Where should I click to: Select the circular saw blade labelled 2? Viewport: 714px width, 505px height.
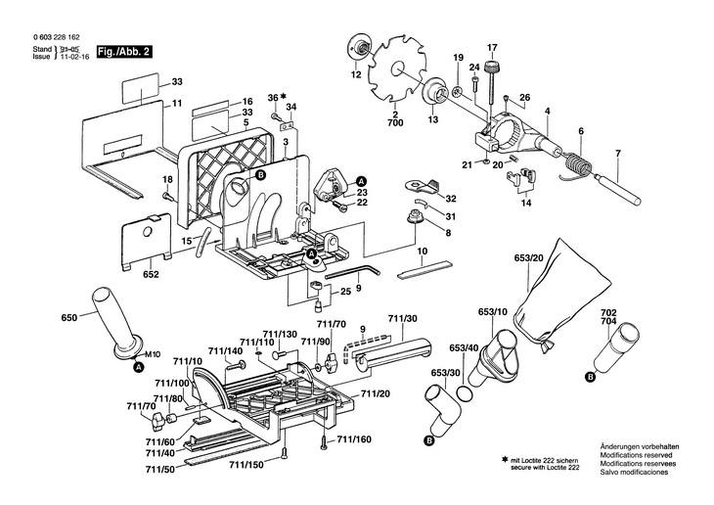pos(396,69)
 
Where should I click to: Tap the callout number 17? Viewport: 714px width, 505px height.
pos(492,47)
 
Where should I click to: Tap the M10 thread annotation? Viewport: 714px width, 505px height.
pos(152,354)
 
